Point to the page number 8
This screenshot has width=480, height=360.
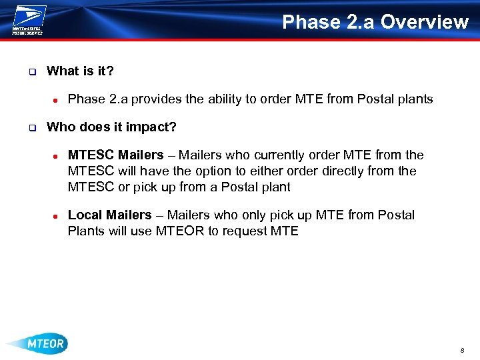461,350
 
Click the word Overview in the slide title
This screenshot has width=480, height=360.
425,22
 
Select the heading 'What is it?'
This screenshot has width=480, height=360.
80,71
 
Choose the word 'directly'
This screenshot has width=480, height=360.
345,171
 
